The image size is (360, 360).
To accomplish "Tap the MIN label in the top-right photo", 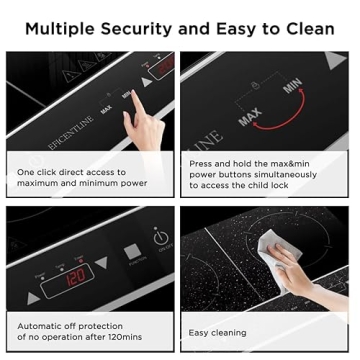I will click(293, 87).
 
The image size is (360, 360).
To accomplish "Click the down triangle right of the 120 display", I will click(101, 263).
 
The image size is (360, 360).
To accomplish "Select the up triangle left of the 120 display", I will click(35, 297).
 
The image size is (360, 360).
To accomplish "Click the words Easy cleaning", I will click(223, 331).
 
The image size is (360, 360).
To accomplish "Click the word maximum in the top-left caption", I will click(38, 184).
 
